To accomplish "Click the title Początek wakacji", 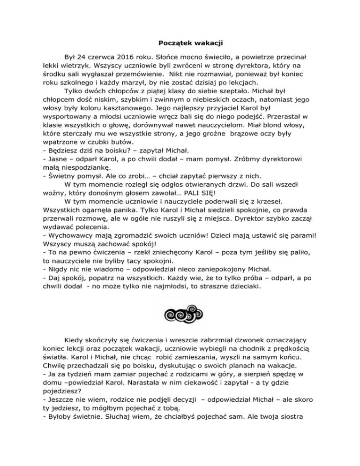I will [x=180, y=45].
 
